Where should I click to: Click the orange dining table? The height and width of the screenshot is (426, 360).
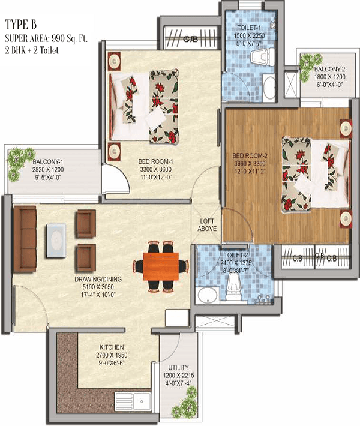pos(161,266)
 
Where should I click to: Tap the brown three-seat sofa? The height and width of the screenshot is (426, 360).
pos(25,239)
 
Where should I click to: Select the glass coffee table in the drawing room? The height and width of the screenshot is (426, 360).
pos(56,241)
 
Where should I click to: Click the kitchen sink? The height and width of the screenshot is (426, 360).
pos(133,401)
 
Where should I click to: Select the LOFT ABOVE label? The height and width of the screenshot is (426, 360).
pos(207,225)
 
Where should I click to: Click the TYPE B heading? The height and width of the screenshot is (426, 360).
pos(21,25)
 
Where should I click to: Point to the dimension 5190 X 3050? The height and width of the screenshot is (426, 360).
pos(98,287)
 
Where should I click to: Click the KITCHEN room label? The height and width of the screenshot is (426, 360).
pos(112,347)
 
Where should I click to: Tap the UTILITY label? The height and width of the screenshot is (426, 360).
pos(178,368)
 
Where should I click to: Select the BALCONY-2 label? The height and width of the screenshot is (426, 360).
pos(329,69)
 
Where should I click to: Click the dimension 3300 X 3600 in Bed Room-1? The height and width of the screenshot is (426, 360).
pos(155,170)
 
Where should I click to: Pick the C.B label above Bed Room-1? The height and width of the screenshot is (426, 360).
pos(190,40)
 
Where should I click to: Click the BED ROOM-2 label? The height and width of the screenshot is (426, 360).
pos(250,155)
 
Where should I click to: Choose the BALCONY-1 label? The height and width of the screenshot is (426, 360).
pos(48,162)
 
